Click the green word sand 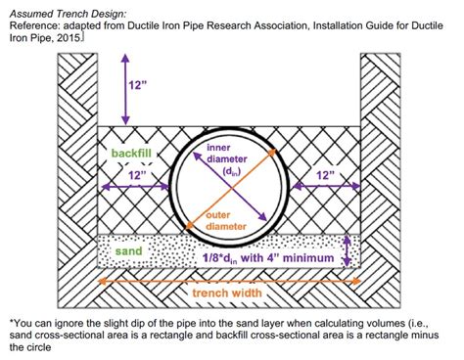126,250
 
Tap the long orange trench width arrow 226,281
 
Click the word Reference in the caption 32,24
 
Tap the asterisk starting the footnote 9,319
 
